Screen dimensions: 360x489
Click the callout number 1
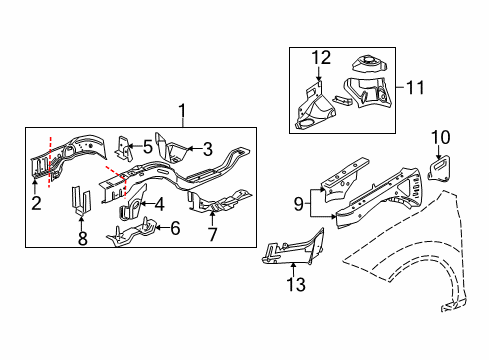click(x=182, y=111)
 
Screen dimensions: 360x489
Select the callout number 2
click(x=36, y=204)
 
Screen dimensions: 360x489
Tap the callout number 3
click(x=207, y=149)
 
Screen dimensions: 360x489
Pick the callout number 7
click(x=212, y=235)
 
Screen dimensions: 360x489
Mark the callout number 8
click(x=82, y=239)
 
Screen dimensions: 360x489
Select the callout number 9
click(x=297, y=205)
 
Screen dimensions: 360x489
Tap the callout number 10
click(x=441, y=137)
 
